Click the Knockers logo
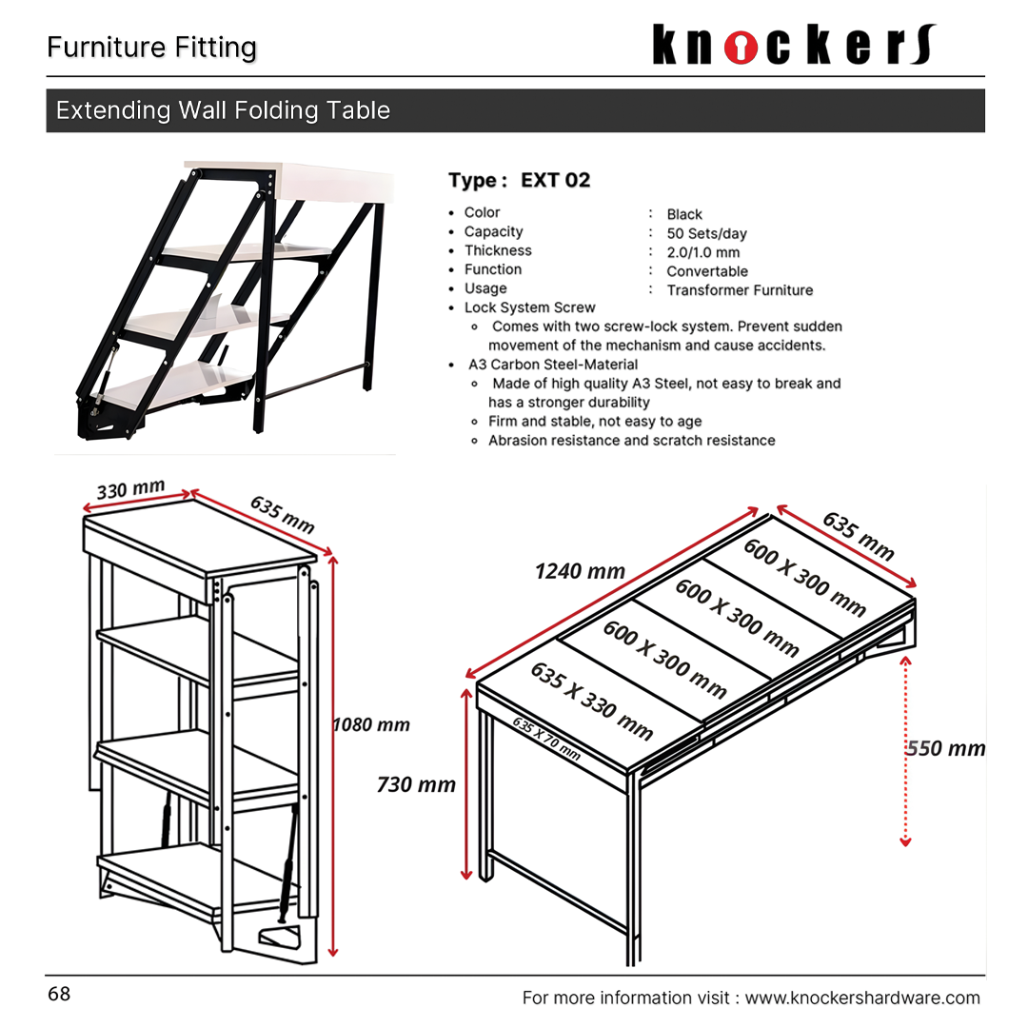pos(794,46)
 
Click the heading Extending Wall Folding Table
pos(223,110)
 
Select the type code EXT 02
pos(555,180)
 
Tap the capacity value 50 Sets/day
pos(706,233)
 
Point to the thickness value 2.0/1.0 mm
pos(702,252)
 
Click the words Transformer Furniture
pos(740,290)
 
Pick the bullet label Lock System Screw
pos(529,307)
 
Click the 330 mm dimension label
pos(130,491)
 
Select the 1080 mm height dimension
pos(371,724)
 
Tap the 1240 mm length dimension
pos(580,571)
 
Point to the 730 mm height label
pos(416,784)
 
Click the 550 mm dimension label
pos(945,748)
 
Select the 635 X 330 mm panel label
pos(591,701)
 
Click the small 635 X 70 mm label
pos(546,738)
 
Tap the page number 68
pos(59,995)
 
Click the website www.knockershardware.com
pos(861,998)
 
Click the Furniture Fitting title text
pos(152,48)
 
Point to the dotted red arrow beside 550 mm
pos(905,752)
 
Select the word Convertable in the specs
pos(707,271)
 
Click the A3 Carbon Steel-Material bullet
pos(552,365)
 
